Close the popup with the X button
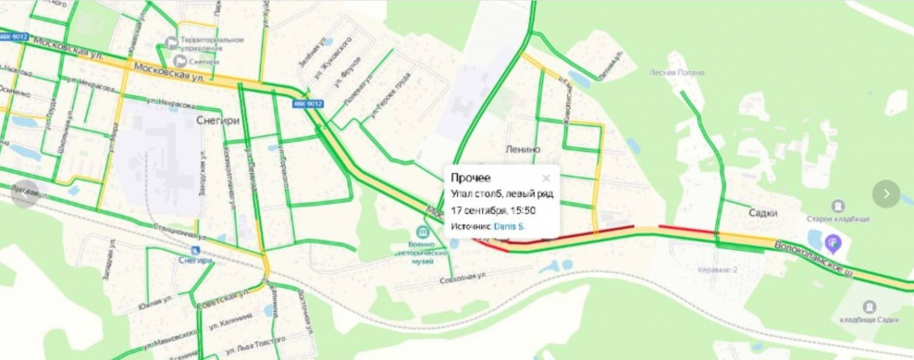click(546, 178)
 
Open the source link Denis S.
click(508, 226)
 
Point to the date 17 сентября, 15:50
click(496, 210)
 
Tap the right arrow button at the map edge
click(885, 193)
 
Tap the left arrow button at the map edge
click(26, 193)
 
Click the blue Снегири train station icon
click(193, 250)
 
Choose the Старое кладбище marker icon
click(838, 205)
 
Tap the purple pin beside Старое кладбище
click(833, 243)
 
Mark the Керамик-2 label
click(717, 270)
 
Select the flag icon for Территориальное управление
click(170, 43)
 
